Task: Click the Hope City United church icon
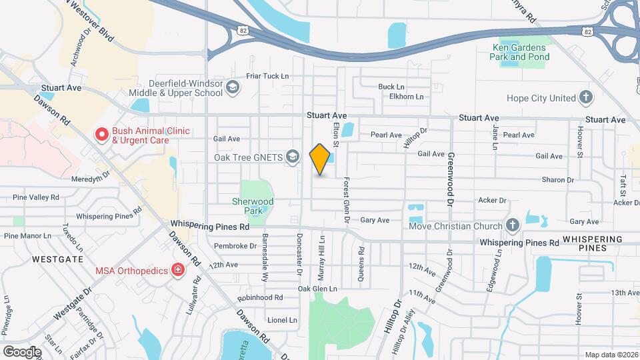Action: click(x=585, y=98)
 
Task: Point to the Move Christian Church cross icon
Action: click(x=512, y=226)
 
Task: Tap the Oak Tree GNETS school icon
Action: click(x=291, y=158)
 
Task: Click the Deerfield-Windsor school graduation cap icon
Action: click(x=232, y=87)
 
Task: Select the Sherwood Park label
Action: click(x=253, y=205)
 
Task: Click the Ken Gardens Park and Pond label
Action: click(x=520, y=52)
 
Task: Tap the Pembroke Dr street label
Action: click(x=235, y=246)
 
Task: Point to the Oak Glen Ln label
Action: click(x=317, y=289)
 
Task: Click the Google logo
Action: click(x=22, y=351)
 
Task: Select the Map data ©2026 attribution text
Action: click(x=611, y=355)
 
